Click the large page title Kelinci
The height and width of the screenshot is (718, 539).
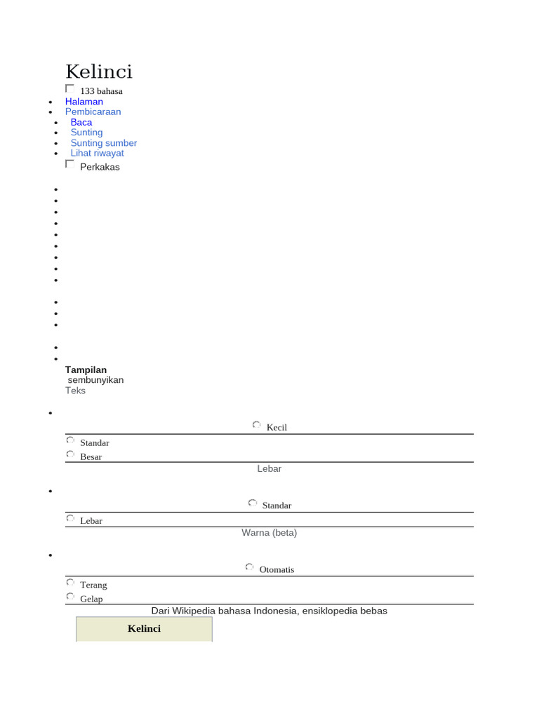click(99, 72)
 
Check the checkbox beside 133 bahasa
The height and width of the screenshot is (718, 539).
click(69, 89)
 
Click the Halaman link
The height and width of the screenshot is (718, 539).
click(84, 102)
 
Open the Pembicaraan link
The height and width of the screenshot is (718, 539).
click(93, 111)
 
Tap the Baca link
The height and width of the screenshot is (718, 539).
click(81, 122)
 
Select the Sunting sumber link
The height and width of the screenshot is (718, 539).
click(104, 143)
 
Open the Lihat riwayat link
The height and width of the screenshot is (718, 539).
click(98, 153)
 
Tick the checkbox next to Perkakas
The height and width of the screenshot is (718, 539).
click(69, 164)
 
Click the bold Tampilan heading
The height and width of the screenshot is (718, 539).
click(86, 370)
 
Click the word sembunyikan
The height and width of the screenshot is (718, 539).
click(96, 380)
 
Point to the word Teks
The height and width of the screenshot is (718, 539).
click(76, 391)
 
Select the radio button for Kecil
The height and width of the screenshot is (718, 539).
click(257, 425)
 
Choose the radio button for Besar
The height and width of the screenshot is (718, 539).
click(70, 454)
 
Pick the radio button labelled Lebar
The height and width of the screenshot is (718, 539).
click(70, 518)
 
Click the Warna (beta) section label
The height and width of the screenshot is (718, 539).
click(269, 533)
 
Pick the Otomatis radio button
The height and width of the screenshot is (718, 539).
click(250, 567)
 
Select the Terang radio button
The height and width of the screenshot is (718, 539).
click(70, 582)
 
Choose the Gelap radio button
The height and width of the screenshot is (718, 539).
click(70, 597)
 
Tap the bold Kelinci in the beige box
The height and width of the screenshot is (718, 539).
click(144, 628)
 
